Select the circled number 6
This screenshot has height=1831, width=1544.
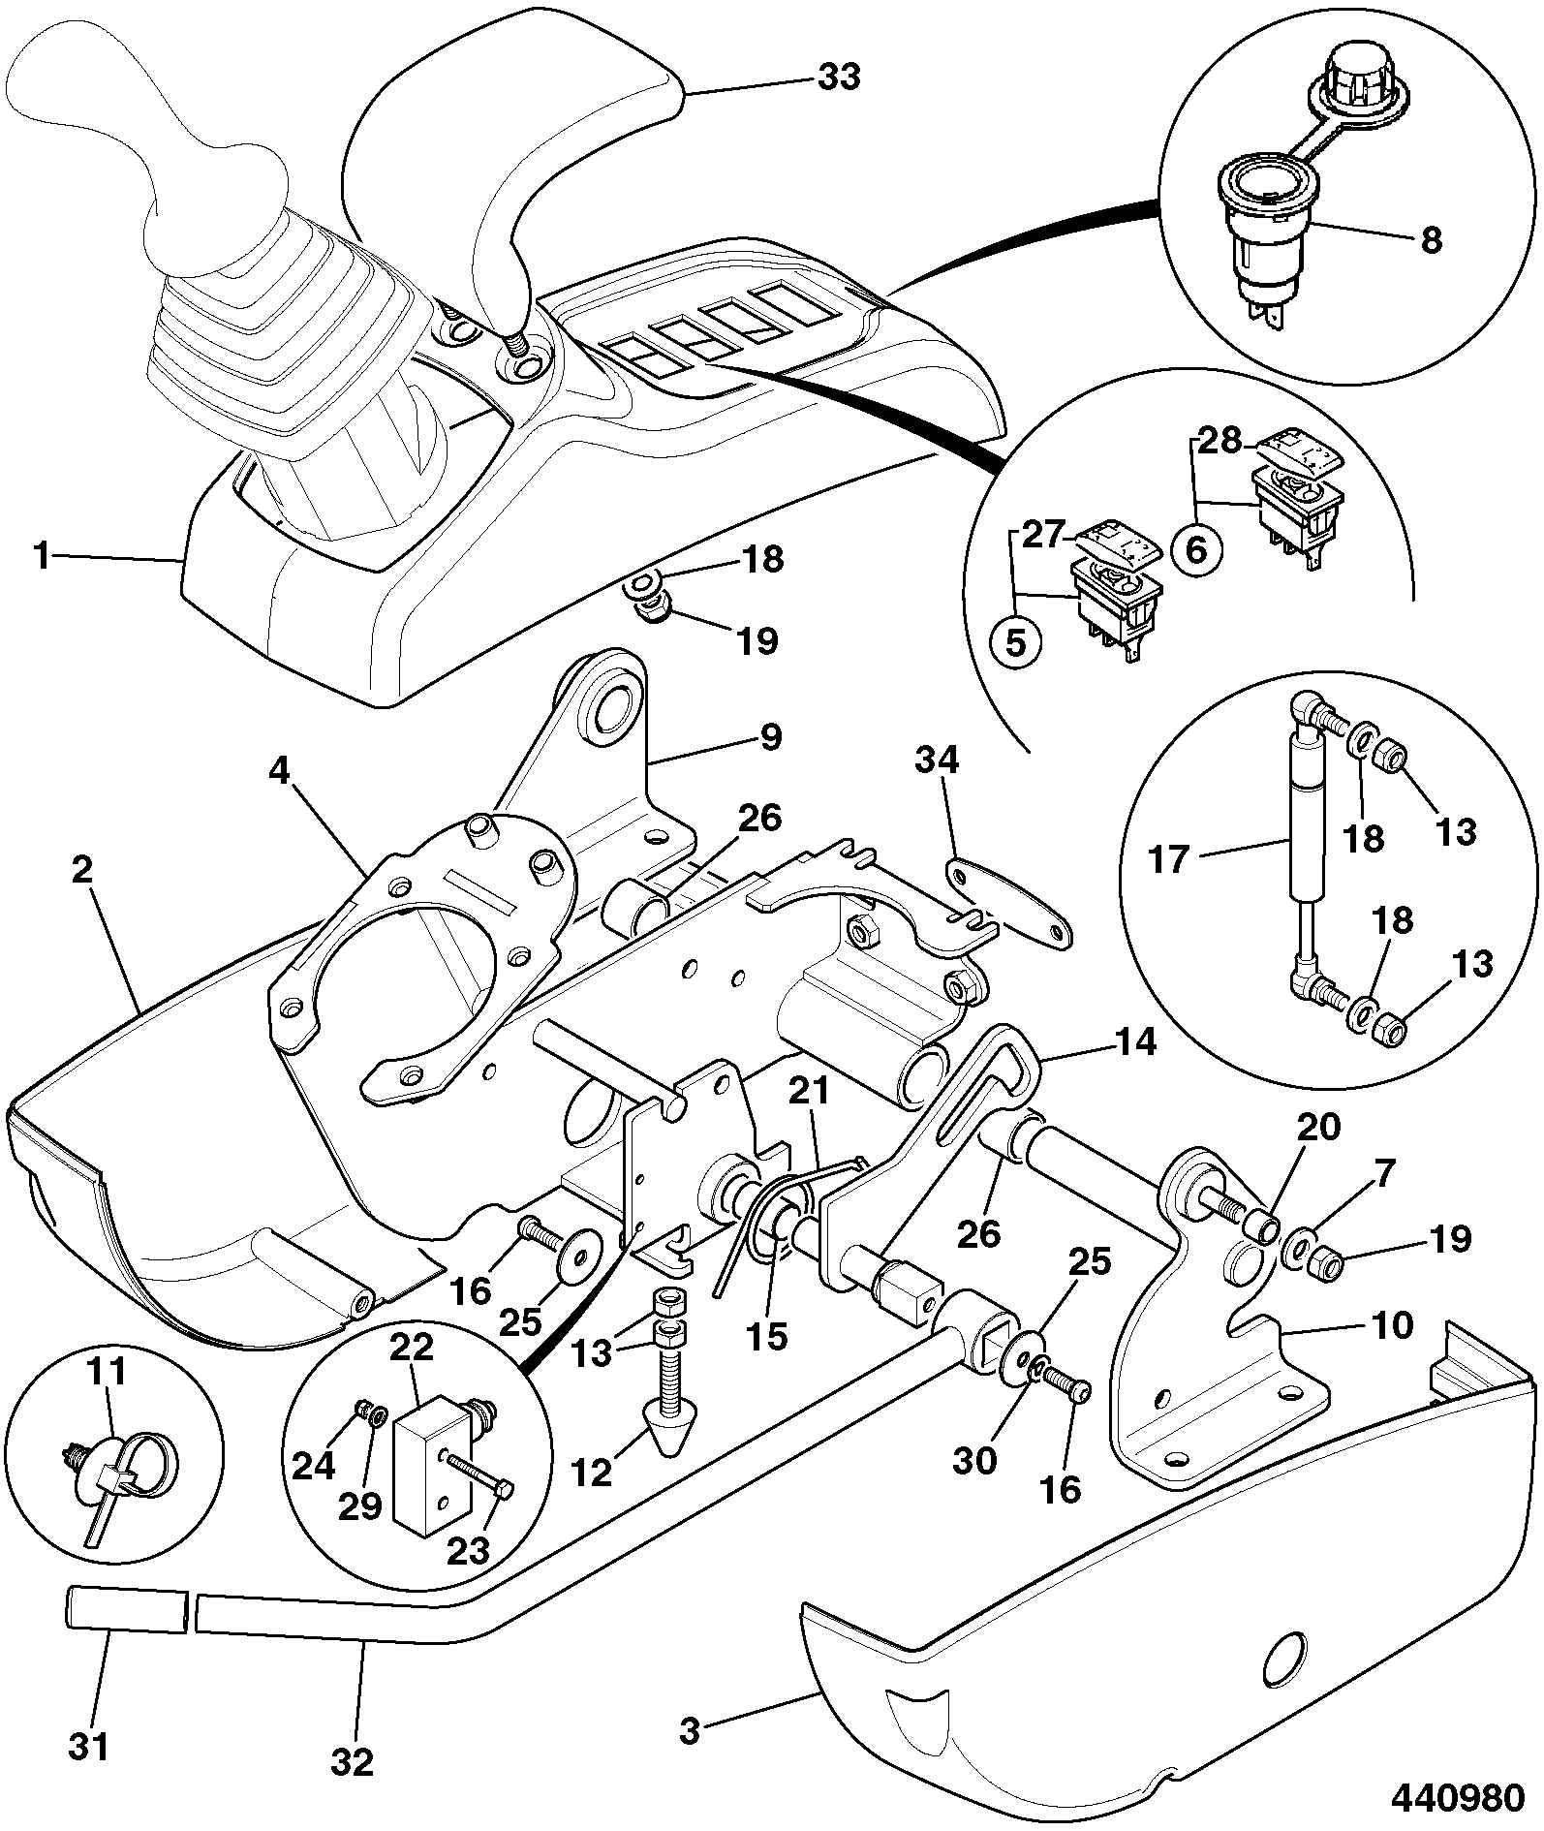pos(1196,550)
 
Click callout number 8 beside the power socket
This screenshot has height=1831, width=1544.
pos(1431,239)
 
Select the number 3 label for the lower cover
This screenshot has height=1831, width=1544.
pos(689,1732)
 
